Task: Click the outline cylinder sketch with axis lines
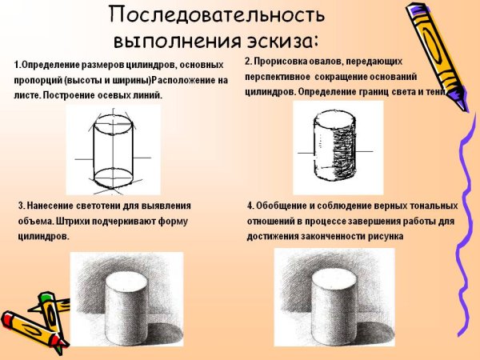click(112, 152)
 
